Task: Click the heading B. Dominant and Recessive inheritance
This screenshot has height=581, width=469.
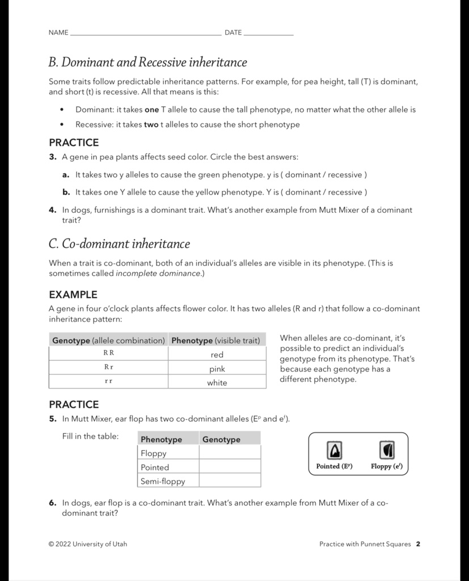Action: [148, 62]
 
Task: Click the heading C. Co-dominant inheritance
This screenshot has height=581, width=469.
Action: [119, 244]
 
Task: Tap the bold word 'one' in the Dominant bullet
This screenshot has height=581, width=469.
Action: [151, 110]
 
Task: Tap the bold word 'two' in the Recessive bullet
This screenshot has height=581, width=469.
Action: [151, 124]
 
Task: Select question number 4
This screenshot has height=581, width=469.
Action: [52, 210]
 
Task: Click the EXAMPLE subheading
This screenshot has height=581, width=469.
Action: [73, 294]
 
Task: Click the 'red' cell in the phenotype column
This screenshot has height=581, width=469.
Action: [217, 355]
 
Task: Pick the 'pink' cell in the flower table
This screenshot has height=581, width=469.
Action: [217, 369]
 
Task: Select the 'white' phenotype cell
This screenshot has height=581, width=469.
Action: [217, 382]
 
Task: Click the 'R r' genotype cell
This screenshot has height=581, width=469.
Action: [108, 367]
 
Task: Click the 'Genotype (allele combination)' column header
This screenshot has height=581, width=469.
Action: [108, 340]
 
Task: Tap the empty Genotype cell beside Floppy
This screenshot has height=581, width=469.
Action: [230, 453]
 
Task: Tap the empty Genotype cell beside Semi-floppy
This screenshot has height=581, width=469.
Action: [230, 481]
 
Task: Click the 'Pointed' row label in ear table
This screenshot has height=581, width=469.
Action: [155, 467]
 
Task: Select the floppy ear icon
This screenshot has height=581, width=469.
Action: [386, 451]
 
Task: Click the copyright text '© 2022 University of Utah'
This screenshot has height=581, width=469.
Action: [88, 544]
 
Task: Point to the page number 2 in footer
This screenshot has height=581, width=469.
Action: [418, 544]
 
